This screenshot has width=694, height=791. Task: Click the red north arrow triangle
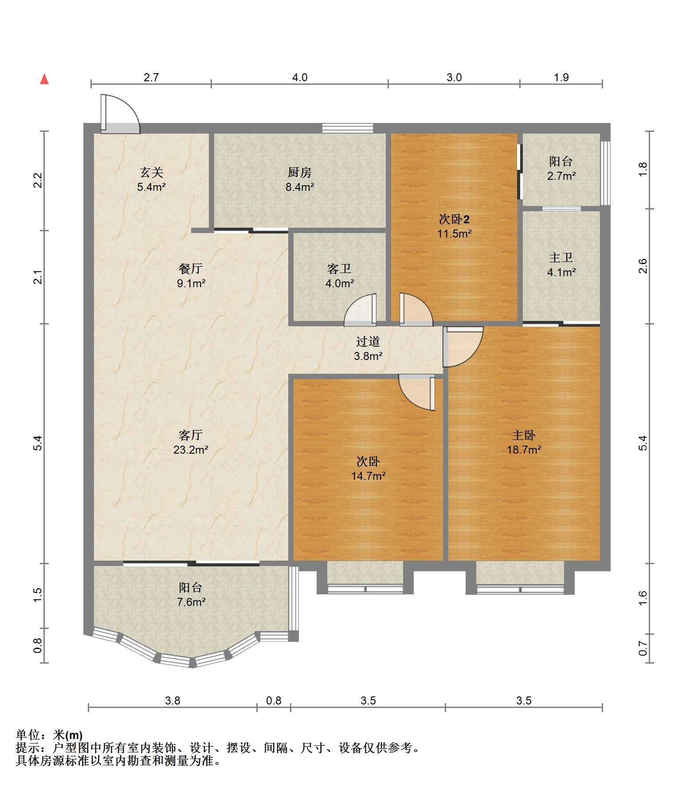tap(44, 79)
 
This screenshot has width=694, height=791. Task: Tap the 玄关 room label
tap(152, 172)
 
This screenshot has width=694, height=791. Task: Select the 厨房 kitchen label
tap(300, 172)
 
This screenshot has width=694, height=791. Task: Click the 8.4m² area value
tap(300, 187)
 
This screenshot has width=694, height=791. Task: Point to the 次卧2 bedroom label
tap(454, 219)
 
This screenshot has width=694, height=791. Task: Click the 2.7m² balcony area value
tap(561, 176)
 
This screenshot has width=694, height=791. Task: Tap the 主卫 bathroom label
tap(561, 257)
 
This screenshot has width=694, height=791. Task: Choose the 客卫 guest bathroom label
tap(340, 269)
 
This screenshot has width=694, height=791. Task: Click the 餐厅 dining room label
tap(191, 269)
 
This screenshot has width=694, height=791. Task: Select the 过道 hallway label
tap(368, 341)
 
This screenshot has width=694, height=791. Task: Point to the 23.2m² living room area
tap(191, 450)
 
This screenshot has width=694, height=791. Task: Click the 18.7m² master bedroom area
tap(524, 450)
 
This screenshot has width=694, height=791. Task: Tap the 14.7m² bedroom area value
tap(368, 476)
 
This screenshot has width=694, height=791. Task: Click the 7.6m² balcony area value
tap(191, 602)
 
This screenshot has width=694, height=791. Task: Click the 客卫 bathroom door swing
tap(360, 309)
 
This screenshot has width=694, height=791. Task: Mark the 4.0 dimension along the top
tap(300, 78)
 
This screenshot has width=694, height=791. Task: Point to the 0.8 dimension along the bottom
tap(274, 700)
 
